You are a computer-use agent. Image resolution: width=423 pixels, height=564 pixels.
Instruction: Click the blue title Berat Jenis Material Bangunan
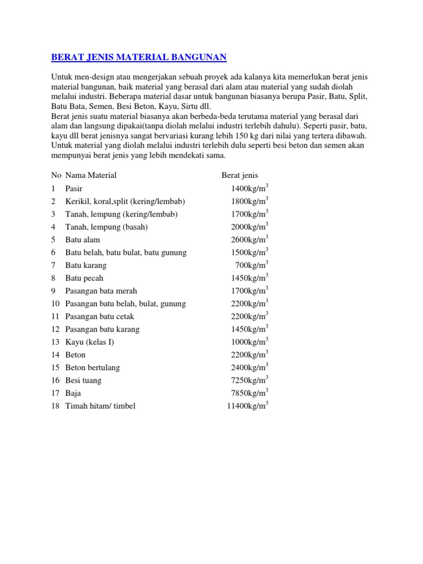138,57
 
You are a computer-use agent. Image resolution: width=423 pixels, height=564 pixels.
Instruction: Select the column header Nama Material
91,175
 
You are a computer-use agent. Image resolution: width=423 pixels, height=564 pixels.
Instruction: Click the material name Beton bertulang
93,367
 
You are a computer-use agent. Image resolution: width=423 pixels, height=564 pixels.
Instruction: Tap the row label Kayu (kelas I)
89,342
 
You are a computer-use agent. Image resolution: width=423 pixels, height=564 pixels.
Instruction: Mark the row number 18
55,406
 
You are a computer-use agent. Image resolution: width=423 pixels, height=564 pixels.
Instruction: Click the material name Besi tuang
83,380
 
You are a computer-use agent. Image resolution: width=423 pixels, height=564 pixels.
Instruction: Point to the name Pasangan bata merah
101,291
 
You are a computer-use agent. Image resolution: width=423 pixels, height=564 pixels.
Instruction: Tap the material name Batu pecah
84,278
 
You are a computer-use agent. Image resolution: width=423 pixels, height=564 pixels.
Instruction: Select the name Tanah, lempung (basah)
107,227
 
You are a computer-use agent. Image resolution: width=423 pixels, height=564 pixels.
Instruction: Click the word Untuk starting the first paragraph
62,77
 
